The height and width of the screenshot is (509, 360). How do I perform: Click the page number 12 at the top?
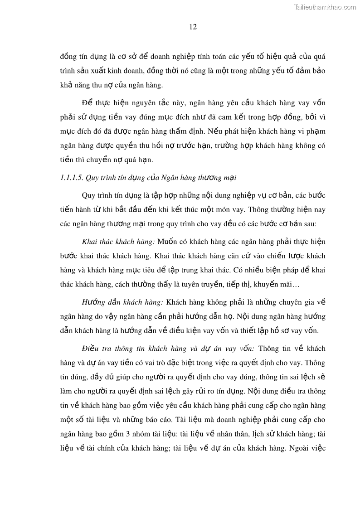tap(193, 27)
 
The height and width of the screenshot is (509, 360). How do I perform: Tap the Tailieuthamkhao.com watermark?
tap(325, 7)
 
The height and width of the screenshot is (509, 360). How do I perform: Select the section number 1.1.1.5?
tap(72, 178)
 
